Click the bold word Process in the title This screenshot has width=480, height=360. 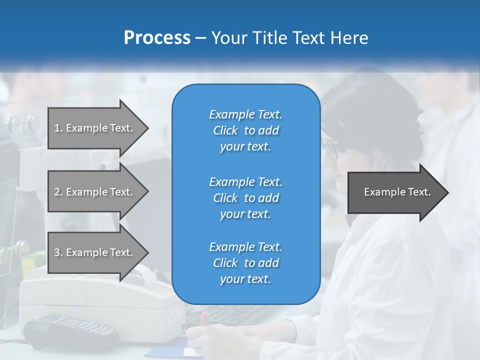157,38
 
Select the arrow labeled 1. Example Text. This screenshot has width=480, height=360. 95,128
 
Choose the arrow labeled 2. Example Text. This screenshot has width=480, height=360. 95,192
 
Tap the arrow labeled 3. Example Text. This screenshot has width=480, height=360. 95,252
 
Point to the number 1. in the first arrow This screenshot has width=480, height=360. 58,128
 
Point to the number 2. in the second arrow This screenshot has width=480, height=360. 58,192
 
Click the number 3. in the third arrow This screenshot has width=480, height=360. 58,252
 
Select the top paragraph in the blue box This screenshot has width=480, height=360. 245,130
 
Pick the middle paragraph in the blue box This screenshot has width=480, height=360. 245,197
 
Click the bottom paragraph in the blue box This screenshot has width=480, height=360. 245,263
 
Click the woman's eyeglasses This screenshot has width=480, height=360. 330,150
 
